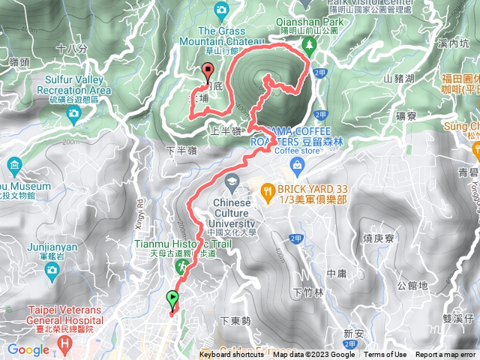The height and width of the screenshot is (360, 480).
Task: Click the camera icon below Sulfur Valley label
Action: point(73,113)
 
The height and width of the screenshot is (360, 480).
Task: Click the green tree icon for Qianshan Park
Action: point(309,46)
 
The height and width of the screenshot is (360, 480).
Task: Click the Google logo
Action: point(28,349)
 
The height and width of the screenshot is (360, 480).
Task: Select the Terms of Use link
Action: point(385,355)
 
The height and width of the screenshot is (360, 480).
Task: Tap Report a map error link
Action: point(445,355)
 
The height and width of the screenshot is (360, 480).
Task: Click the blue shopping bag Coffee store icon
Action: point(297,164)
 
